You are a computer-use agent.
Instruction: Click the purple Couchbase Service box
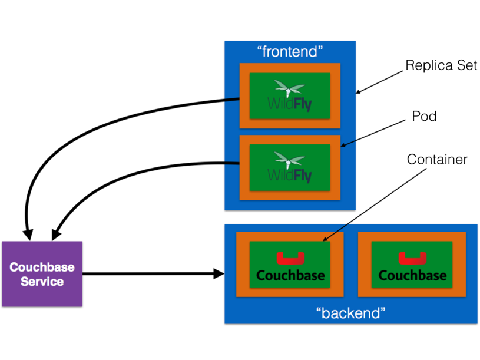(42, 273)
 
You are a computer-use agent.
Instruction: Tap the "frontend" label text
(290, 52)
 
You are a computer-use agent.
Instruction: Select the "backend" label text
(350, 312)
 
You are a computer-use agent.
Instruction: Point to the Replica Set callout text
(441, 65)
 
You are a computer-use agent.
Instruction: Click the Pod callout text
(424, 117)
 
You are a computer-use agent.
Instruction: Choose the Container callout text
(436, 160)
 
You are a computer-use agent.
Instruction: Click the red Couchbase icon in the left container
(290, 258)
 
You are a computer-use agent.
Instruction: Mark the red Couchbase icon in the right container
(412, 258)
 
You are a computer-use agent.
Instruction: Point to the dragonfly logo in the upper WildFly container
(289, 90)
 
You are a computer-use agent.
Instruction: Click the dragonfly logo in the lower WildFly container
(289, 160)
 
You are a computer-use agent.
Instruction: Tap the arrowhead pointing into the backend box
(219, 273)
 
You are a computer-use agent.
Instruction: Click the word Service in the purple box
(42, 282)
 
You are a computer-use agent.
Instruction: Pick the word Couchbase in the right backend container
(412, 275)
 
